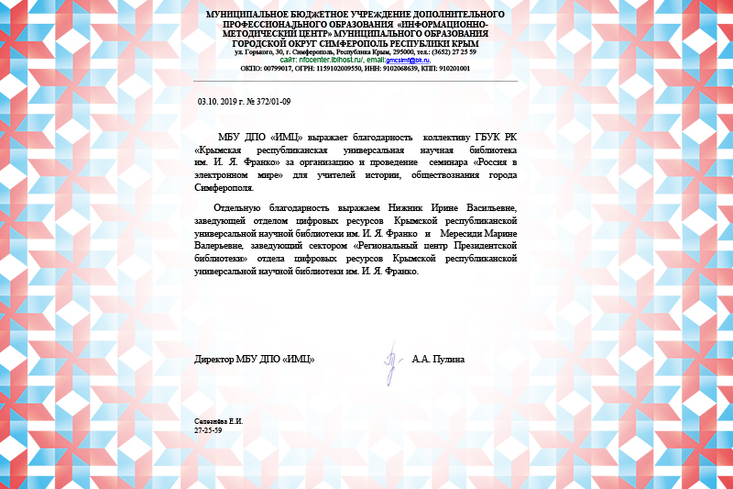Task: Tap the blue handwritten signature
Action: click(x=389, y=361)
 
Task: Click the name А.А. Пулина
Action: click(x=438, y=359)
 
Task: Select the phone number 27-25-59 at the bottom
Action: click(x=209, y=430)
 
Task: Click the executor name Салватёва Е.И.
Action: click(x=218, y=421)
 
